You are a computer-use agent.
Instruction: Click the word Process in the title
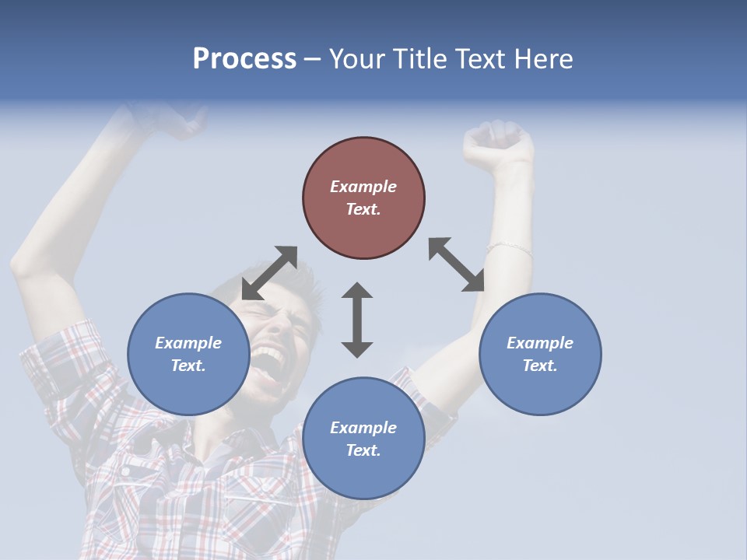point(244,59)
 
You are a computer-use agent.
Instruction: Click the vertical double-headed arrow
point(357,320)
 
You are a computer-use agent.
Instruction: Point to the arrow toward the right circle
point(457,264)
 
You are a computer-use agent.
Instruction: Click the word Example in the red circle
point(363,187)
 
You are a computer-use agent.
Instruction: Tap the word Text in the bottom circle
point(362,450)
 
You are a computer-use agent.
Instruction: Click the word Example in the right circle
point(540,343)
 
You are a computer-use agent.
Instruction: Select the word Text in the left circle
point(187,366)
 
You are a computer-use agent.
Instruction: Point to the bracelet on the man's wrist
point(510,249)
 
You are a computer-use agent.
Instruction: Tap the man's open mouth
point(270,359)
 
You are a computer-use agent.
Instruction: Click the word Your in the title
point(356,59)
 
